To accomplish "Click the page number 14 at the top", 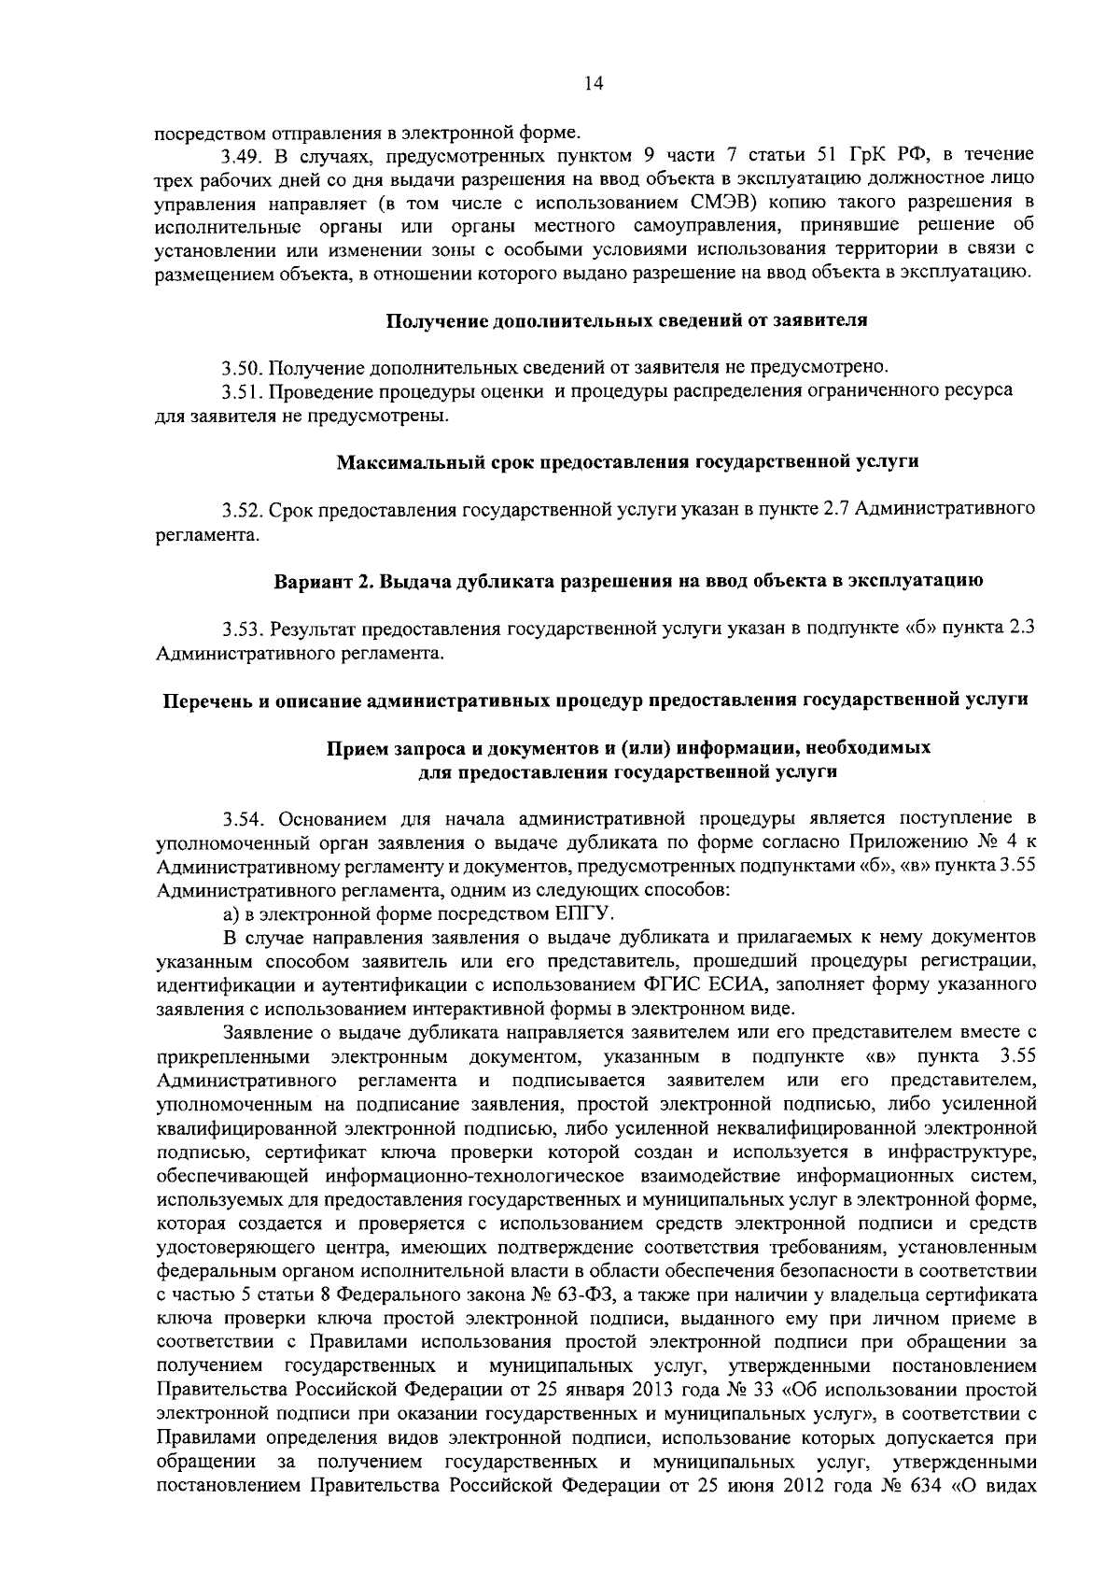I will (593, 83).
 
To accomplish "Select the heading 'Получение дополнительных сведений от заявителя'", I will (626, 321).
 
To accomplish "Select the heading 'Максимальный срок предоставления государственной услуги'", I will (627, 461).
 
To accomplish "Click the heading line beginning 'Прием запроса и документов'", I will (626, 749).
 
